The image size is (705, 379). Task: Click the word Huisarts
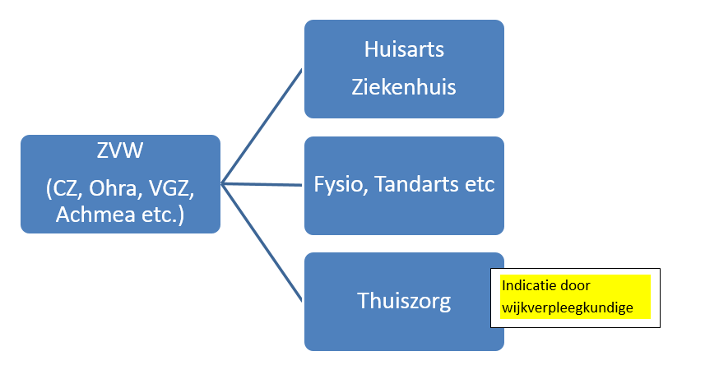click(x=404, y=49)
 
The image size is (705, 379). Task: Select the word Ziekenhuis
click(x=404, y=86)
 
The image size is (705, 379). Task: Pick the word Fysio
click(x=341, y=184)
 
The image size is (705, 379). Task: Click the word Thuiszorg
click(x=404, y=301)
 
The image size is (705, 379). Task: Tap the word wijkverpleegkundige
click(x=567, y=307)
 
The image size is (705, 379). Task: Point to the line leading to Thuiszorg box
click(x=263, y=243)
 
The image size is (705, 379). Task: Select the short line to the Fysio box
click(x=263, y=184)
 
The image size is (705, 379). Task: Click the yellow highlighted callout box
click(x=575, y=297)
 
